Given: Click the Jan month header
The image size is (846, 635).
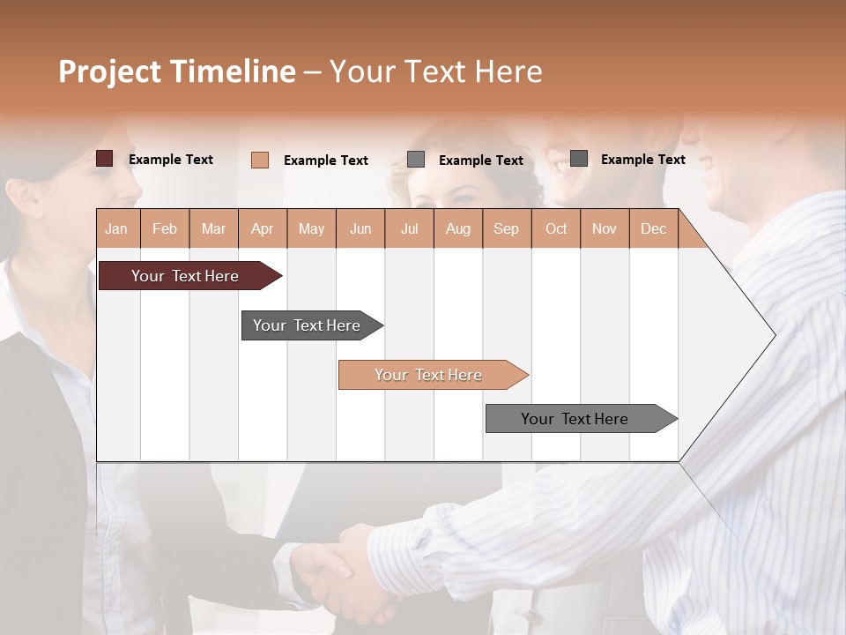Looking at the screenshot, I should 117,229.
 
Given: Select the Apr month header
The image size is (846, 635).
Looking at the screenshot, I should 263,229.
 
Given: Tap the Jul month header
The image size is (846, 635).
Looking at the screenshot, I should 409,229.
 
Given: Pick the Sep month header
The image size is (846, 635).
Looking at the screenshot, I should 506,229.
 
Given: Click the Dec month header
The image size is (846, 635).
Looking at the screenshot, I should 653,229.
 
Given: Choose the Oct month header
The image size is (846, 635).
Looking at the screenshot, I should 555,229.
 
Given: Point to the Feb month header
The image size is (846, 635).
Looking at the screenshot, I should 165,229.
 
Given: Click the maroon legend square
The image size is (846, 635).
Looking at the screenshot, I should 104,159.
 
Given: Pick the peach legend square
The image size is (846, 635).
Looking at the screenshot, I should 260,160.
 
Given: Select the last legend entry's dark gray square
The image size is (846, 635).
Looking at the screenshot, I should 579,159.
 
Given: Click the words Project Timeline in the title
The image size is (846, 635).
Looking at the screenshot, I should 176,71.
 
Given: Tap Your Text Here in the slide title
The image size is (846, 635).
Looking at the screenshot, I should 435,71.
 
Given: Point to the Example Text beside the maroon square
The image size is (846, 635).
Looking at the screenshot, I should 171,160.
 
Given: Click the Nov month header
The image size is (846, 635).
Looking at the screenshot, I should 605,229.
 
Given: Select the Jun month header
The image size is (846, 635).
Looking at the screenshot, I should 360,229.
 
